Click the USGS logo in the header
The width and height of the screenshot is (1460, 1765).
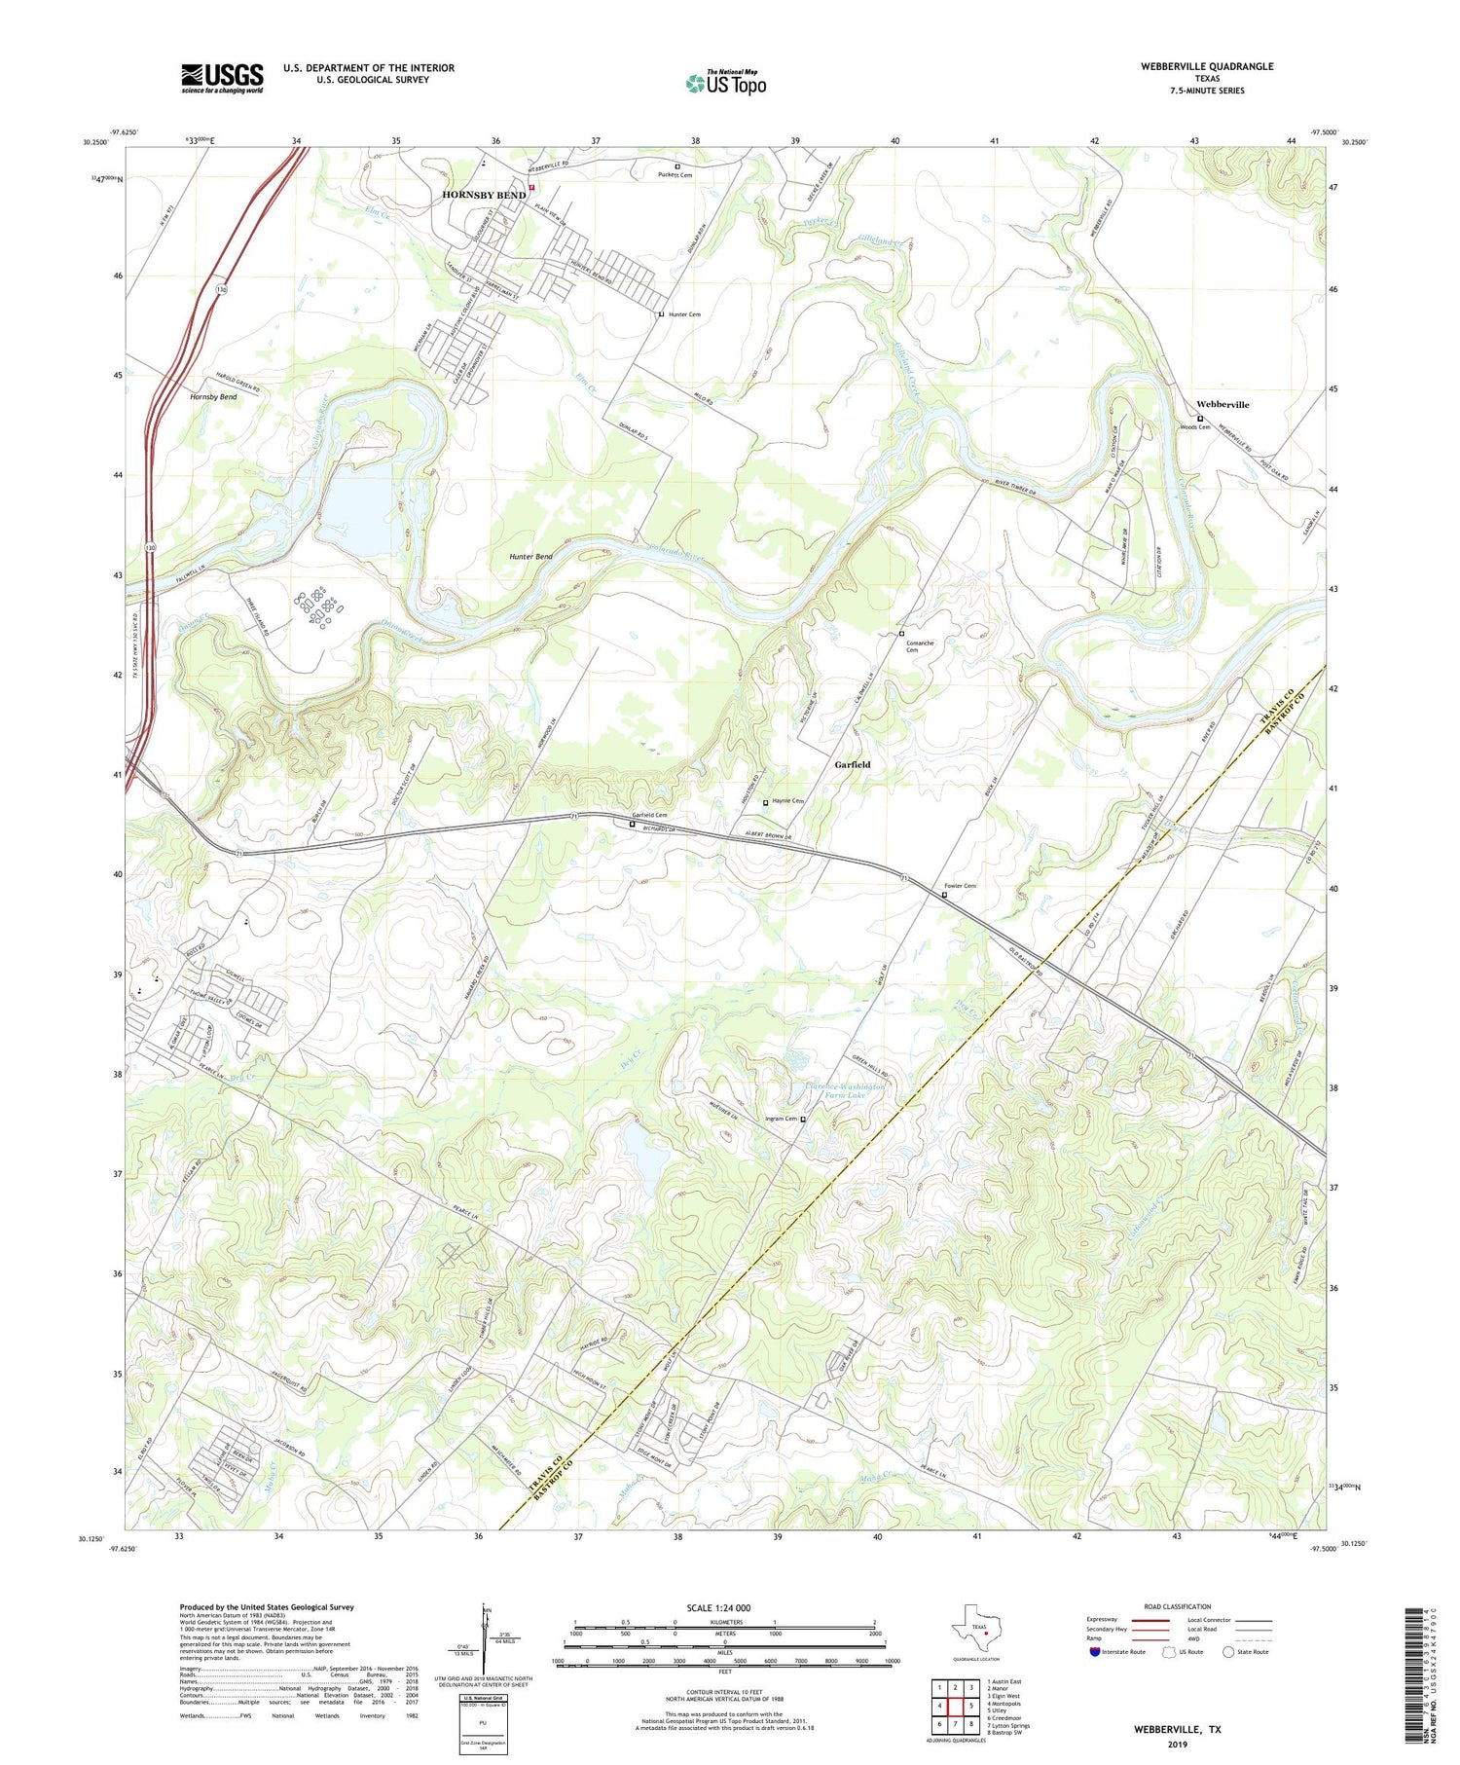[222, 78]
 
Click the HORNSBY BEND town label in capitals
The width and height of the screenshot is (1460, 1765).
[484, 195]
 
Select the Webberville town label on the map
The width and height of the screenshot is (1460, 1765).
[1223, 404]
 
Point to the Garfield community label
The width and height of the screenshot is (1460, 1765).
[853, 764]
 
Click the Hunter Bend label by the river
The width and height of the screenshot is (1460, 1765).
[530, 557]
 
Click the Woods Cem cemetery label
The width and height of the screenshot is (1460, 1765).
[1194, 427]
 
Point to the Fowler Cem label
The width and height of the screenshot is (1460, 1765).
[959, 886]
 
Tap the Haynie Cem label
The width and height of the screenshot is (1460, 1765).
[788, 801]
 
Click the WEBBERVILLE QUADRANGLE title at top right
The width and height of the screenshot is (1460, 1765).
[1193, 67]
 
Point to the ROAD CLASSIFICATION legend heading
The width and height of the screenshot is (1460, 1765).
[1178, 1606]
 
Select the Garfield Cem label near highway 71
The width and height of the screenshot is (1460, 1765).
[649, 815]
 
